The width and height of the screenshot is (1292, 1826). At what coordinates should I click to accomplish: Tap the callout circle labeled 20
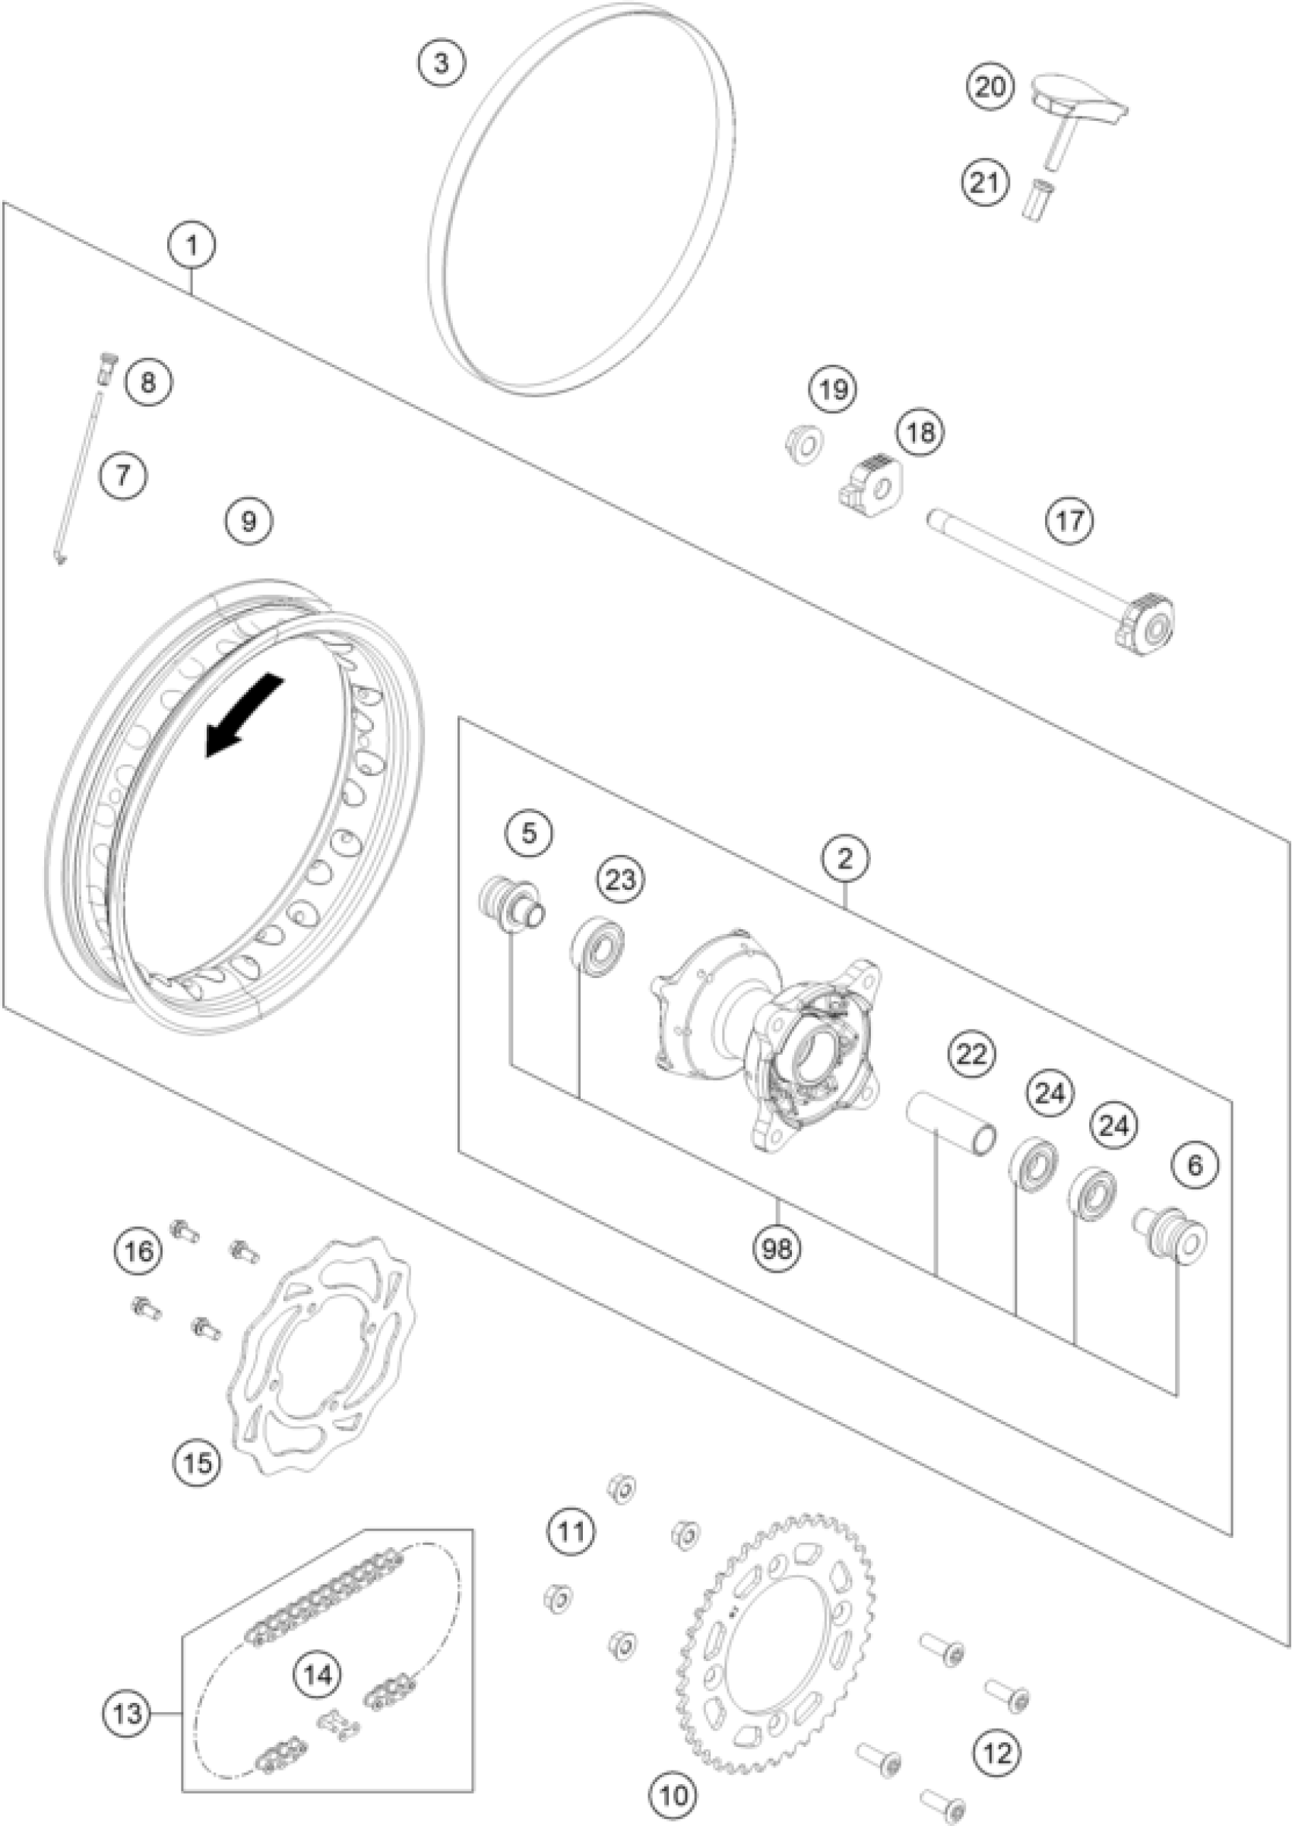(x=990, y=86)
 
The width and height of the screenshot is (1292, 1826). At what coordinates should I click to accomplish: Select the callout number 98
(x=777, y=1248)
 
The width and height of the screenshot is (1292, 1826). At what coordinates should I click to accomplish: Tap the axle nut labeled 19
(x=802, y=445)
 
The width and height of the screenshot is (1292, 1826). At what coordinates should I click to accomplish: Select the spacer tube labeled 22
(x=952, y=1125)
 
